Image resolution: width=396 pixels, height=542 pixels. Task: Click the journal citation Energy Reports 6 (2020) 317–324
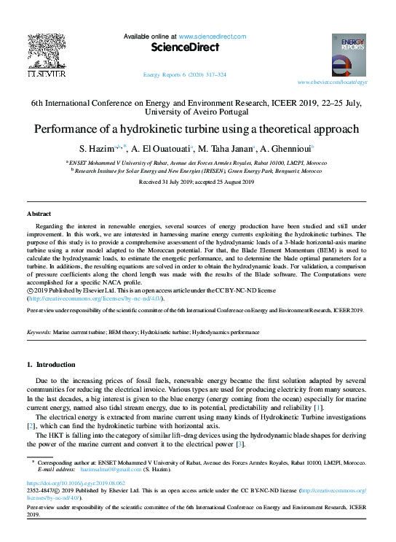184,75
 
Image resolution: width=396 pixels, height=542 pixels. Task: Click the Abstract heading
39,214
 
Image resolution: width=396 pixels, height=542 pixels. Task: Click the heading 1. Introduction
50,364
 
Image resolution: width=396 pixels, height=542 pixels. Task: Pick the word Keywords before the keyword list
39,331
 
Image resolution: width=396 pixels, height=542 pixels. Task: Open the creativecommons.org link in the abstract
95,298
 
